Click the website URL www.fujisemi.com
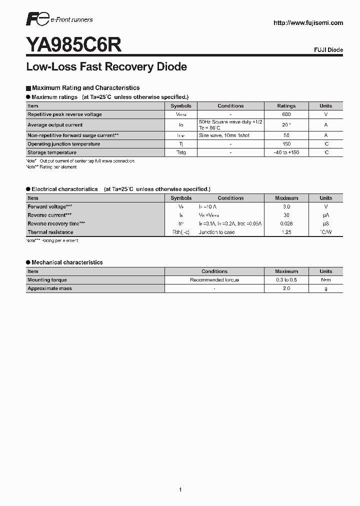(308, 23)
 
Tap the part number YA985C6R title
(73, 45)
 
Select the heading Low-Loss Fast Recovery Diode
(106, 67)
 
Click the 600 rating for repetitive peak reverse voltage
(286, 114)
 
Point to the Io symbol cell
(180, 125)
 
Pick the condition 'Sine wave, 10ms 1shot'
(224, 135)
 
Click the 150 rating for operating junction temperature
(286, 144)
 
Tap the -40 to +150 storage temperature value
(286, 152)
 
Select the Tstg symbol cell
(180, 152)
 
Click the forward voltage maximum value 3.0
(286, 206)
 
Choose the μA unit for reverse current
(326, 215)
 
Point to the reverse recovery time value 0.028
(286, 223)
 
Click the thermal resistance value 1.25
(286, 232)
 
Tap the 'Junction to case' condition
(216, 232)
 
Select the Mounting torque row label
(47, 280)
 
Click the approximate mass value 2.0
(286, 288)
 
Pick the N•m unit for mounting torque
(326, 280)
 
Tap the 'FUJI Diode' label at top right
(328, 50)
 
